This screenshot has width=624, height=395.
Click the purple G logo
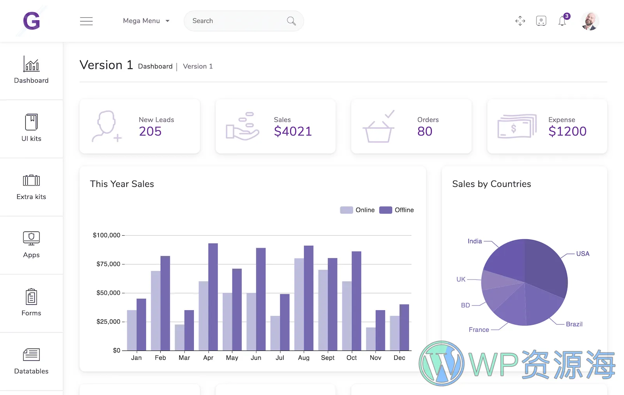pos(32,21)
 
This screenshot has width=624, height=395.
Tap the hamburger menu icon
pos(86,21)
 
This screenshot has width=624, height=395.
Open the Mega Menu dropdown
pos(146,21)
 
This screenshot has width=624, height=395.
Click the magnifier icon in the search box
pos(291,21)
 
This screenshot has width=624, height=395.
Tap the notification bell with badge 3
pos(562,21)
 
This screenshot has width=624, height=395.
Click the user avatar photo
pos(590,21)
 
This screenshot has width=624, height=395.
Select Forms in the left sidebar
pos(31,302)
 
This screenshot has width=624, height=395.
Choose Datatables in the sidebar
pos(31,361)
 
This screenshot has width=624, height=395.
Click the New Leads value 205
pos(150,132)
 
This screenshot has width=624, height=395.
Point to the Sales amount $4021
pos(293,132)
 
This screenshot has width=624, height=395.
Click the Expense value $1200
pos(567,132)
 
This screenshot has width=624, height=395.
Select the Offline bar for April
pos(213,297)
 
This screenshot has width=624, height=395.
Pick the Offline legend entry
pos(397,210)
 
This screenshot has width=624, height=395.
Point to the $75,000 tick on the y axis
pos(108,264)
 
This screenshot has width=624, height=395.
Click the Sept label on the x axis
pos(328,358)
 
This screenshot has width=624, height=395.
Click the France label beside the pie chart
pos(479,330)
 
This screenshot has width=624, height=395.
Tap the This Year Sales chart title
pos(122,184)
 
